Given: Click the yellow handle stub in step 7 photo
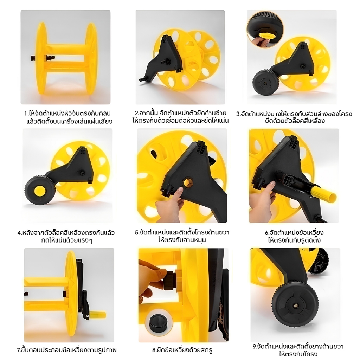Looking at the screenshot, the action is coord(96,314).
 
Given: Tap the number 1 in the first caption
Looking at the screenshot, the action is coord(26,114).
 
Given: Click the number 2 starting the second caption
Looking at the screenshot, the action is coord(136,113).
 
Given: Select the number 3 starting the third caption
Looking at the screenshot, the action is coord(238,114).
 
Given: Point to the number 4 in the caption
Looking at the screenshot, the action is coord(19,233).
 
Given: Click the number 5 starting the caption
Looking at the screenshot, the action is coord(137,232).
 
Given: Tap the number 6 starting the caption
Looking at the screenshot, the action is coord(266,233).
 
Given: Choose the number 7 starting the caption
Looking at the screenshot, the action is coord(19,351).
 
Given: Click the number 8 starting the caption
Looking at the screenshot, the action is coord(154,351).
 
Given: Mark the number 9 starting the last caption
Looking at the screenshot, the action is coord(254,346).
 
